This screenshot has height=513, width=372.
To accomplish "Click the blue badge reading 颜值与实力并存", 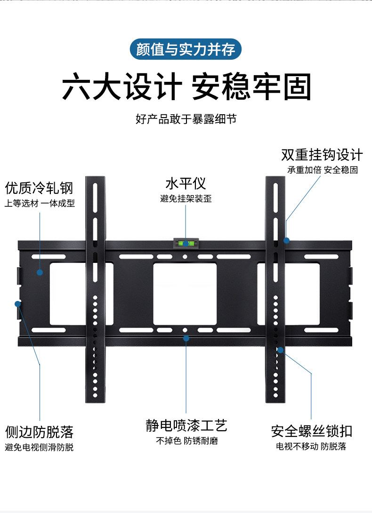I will [x=186, y=49].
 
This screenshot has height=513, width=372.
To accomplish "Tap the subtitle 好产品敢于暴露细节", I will [x=186, y=118].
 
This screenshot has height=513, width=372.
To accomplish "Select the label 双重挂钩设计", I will [x=322, y=155].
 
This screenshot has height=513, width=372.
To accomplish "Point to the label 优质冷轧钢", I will [x=39, y=189].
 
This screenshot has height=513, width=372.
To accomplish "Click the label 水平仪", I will [x=186, y=183].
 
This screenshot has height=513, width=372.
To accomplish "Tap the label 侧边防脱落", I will [x=40, y=432].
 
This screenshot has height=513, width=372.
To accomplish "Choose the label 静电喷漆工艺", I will [x=186, y=426].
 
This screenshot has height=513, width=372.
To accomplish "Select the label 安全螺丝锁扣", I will [x=311, y=431].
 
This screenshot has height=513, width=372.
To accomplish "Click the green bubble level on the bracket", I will [x=186, y=244].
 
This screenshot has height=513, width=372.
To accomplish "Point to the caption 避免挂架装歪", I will [x=186, y=199].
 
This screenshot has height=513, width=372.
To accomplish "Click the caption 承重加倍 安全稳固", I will [x=323, y=170].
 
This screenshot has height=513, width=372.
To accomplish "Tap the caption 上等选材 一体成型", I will [x=40, y=204].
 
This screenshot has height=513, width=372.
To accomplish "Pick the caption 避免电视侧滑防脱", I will [x=40, y=447].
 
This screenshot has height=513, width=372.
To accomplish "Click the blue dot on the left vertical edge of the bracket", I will [x=19, y=303].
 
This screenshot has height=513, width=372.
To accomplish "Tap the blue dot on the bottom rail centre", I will [x=186, y=338].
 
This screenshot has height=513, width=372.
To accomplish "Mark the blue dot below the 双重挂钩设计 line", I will [x=286, y=240].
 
